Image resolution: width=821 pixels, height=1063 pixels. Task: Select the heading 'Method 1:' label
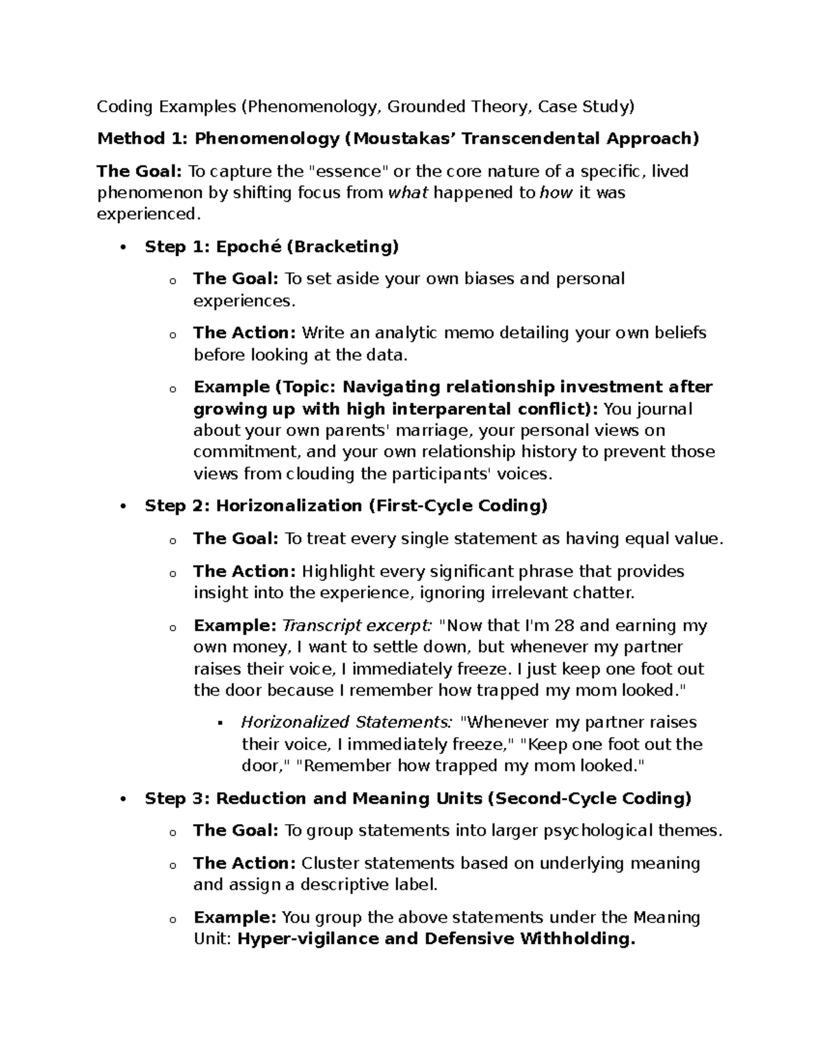click(x=142, y=139)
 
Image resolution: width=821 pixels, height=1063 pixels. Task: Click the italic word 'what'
click(x=408, y=192)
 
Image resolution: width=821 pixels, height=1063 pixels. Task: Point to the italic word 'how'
click(x=556, y=192)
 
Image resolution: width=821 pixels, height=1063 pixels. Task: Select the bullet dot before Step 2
click(x=123, y=507)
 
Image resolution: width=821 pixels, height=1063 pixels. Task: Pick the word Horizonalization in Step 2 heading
click(x=289, y=506)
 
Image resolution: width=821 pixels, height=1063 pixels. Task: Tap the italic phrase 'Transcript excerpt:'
click(x=357, y=626)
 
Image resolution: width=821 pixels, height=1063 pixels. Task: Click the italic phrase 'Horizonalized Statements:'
click(x=346, y=722)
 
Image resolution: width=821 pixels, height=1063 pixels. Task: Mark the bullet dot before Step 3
click(x=123, y=799)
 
